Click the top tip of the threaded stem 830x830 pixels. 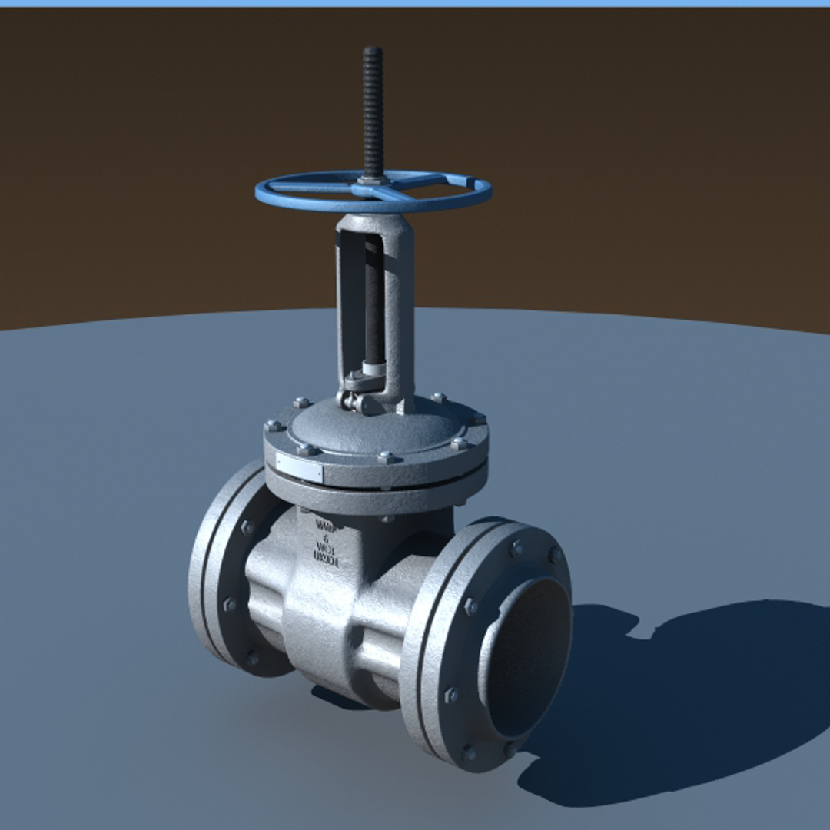coord(373,51)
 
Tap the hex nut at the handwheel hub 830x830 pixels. coord(373,181)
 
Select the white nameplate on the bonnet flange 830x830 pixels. coord(299,467)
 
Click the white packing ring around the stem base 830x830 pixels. coord(373,369)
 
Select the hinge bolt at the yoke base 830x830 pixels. coord(350,400)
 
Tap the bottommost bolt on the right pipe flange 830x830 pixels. coord(470,752)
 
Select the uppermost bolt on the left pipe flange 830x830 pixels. coord(247,527)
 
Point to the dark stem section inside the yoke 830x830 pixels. coord(373,300)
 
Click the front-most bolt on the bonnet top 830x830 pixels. coord(387,457)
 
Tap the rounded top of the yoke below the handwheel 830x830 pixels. coord(375,223)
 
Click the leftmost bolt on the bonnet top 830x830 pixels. coord(274,426)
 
